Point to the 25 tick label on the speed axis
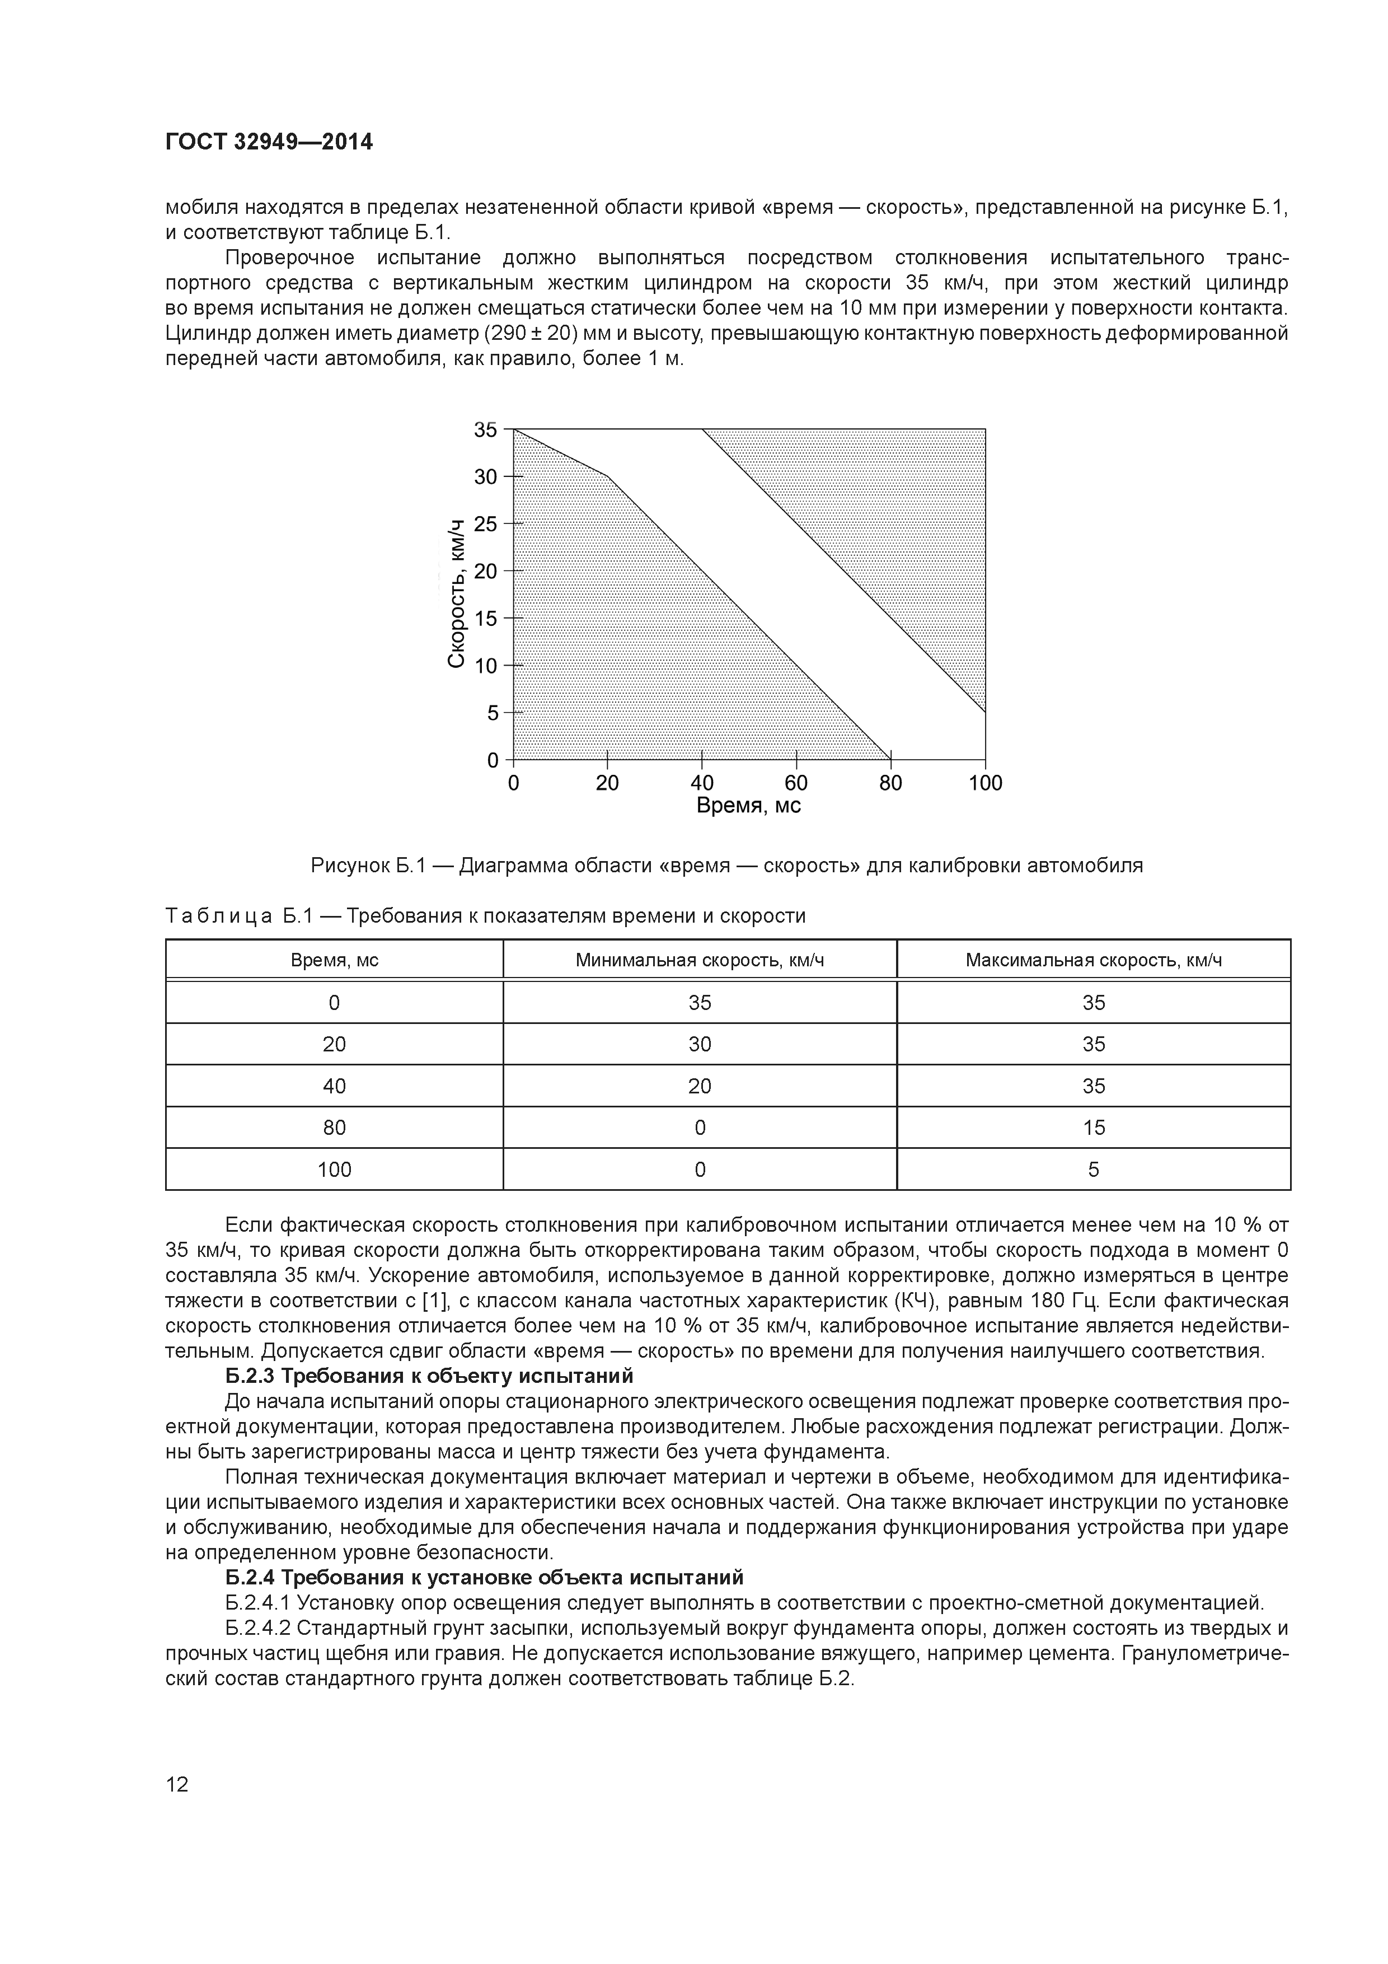(485, 523)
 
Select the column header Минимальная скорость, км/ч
(700, 960)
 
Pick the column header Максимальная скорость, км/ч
(1093, 960)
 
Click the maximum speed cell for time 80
(1093, 1128)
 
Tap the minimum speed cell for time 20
(700, 1044)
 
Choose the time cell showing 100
(334, 1170)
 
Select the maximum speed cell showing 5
(1093, 1170)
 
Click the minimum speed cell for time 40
(700, 1086)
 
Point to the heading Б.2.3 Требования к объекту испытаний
(429, 1376)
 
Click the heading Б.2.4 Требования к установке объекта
(484, 1577)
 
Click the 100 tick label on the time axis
(985, 783)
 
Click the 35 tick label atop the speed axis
(485, 429)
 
